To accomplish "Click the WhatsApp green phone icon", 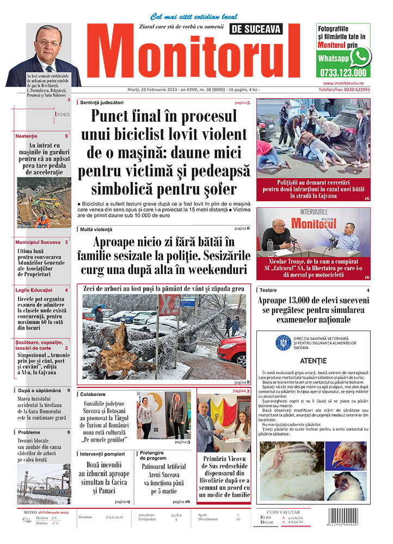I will [360, 57].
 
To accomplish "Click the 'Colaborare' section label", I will [93, 393].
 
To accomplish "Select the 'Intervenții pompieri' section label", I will [103, 453].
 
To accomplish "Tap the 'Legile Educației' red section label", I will [34, 290].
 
